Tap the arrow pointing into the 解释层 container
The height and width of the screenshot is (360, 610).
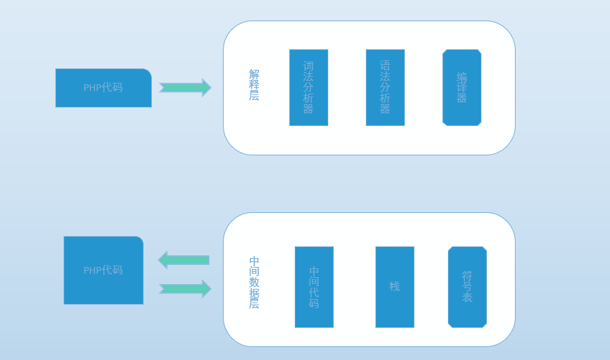[x=185, y=88]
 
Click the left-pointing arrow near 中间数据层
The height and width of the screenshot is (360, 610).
[x=183, y=260]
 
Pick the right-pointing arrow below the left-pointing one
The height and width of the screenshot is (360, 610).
[x=185, y=289]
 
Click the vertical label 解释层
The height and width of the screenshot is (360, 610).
[x=254, y=85]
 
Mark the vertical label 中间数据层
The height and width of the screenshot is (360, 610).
[x=254, y=282]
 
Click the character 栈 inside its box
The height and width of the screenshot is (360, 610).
[x=395, y=286]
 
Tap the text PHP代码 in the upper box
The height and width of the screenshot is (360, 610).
[x=103, y=88]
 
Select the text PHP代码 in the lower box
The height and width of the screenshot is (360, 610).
[x=103, y=270]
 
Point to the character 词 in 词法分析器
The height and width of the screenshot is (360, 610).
[x=308, y=66]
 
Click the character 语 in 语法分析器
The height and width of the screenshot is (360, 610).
[x=385, y=66]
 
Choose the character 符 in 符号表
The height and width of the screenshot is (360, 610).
[x=467, y=276]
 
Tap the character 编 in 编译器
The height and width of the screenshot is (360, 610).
[x=462, y=77]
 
